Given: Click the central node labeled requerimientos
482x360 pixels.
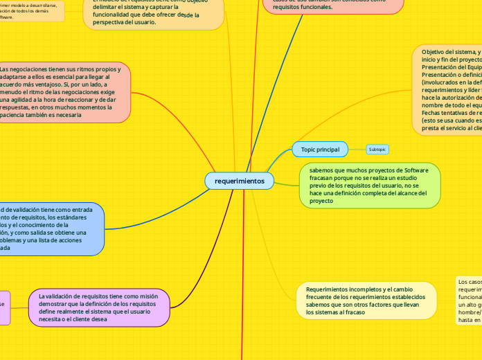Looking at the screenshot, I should pyautogui.click(x=240, y=181).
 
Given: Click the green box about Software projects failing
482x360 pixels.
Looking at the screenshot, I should pyautogui.click(x=369, y=186).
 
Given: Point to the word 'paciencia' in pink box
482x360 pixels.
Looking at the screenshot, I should pyautogui.click(x=17, y=116).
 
